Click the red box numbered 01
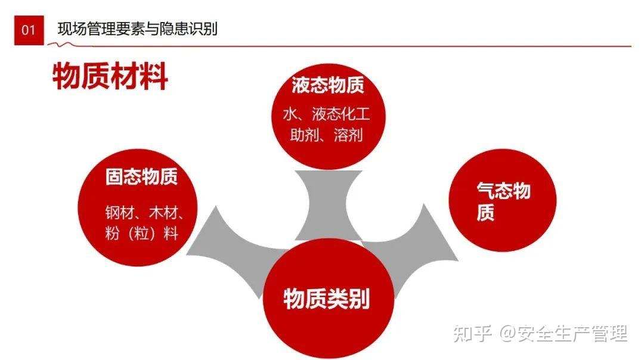[29, 30]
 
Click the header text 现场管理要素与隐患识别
[137, 29]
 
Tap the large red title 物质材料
[110, 76]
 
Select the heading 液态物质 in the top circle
[328, 85]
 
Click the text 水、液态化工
[327, 114]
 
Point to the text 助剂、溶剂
[327, 135]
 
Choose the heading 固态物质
[141, 176]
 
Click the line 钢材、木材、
[144, 213]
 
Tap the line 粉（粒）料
[142, 234]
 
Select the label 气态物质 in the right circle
[503, 201]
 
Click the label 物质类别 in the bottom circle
[327, 299]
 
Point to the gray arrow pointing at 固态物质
[230, 246]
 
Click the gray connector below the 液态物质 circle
[328, 205]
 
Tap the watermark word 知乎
[472, 333]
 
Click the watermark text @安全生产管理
[563, 333]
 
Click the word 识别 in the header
[203, 29]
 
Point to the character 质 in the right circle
[485, 212]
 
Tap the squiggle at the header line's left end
[61, 44]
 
